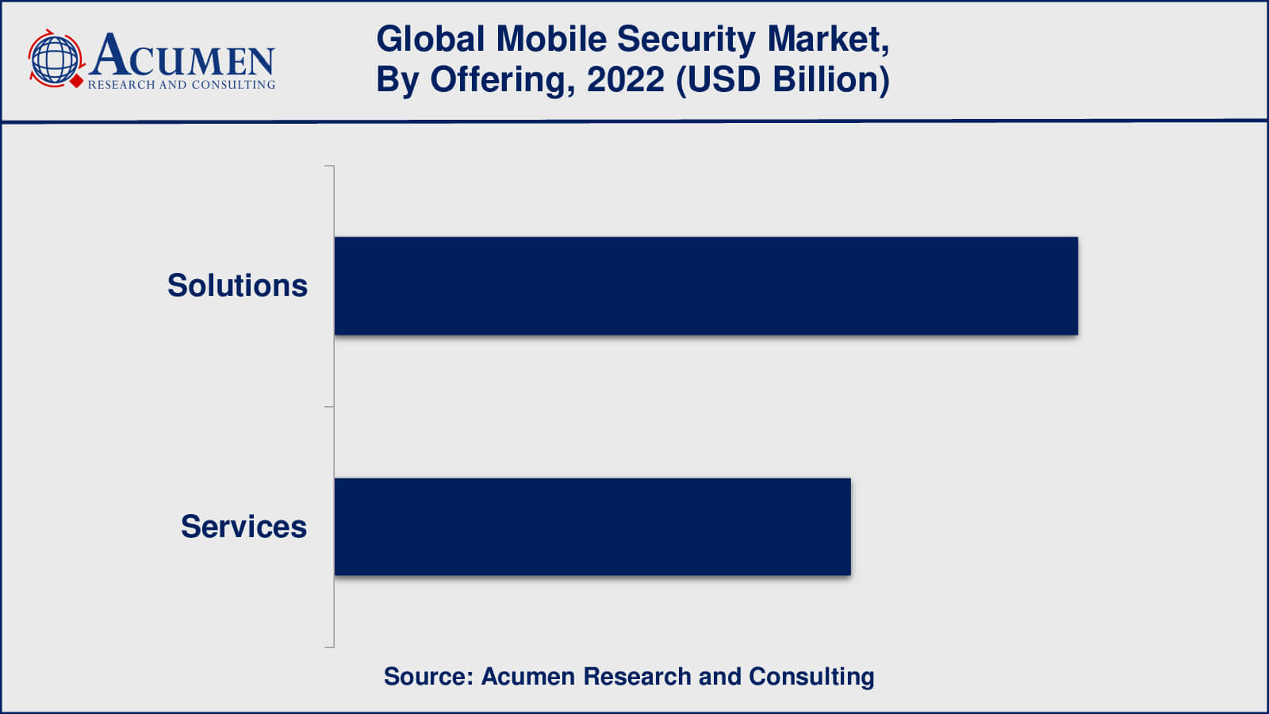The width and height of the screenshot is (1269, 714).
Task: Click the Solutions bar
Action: [706, 286]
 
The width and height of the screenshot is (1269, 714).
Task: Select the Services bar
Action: [592, 527]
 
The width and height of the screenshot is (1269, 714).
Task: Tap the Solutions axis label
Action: [237, 286]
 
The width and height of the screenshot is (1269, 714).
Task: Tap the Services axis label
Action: [243, 527]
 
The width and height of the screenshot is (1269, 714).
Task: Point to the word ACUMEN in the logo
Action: [182, 56]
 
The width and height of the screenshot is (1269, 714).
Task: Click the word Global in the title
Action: [430, 39]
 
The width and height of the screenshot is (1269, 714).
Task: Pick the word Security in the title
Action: [686, 39]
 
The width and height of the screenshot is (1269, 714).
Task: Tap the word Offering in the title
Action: [501, 79]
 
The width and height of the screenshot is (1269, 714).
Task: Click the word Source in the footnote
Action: [427, 676]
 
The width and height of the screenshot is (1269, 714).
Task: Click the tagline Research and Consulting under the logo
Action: [182, 84]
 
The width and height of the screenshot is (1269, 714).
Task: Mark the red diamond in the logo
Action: [77, 81]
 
